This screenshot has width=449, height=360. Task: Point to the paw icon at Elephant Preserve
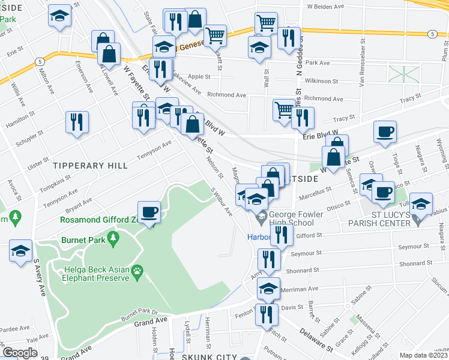click(137, 272)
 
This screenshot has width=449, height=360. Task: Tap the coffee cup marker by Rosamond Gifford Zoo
click(149, 211)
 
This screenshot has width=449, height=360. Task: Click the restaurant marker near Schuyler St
click(77, 122)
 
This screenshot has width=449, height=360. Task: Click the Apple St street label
click(199, 77)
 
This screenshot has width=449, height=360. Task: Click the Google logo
click(20, 353)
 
